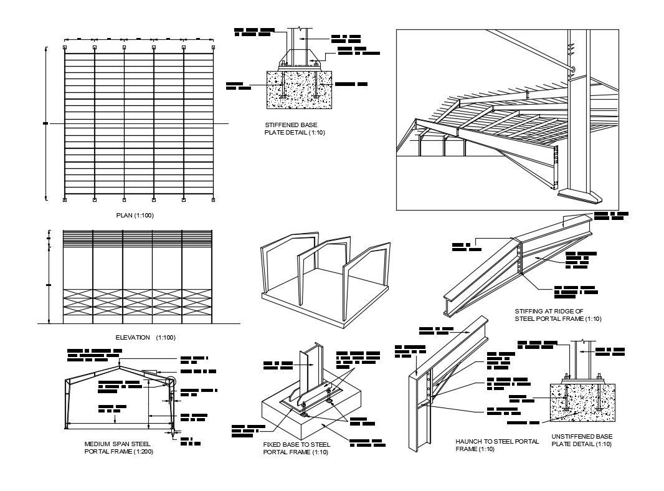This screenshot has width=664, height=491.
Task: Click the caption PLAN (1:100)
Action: coord(135,216)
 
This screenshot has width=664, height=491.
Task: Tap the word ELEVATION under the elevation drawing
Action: coord(133,337)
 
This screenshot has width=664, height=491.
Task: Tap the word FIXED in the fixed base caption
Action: coord(273,446)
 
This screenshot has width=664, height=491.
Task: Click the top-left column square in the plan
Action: coord(65,47)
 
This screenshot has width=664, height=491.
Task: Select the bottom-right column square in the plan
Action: coord(213,200)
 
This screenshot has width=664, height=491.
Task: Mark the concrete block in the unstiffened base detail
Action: coord(581,405)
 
